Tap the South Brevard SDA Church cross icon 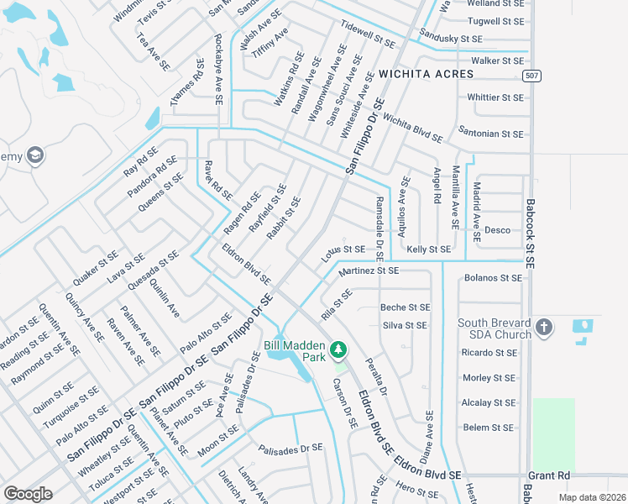(x=543, y=326)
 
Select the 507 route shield (x=530, y=76)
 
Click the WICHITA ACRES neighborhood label (x=426, y=74)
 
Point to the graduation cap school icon (x=35, y=155)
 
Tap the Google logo (x=28, y=493)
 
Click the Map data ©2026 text (x=591, y=497)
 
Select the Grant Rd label (x=549, y=475)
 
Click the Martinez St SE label (x=368, y=270)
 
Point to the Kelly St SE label (x=428, y=249)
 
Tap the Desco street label (x=497, y=230)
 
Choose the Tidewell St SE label (x=367, y=33)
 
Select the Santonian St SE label (x=491, y=134)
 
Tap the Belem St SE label (x=488, y=428)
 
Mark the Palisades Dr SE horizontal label (x=290, y=449)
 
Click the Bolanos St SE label (x=493, y=278)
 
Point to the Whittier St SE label (x=495, y=97)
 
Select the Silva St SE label (x=405, y=325)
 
